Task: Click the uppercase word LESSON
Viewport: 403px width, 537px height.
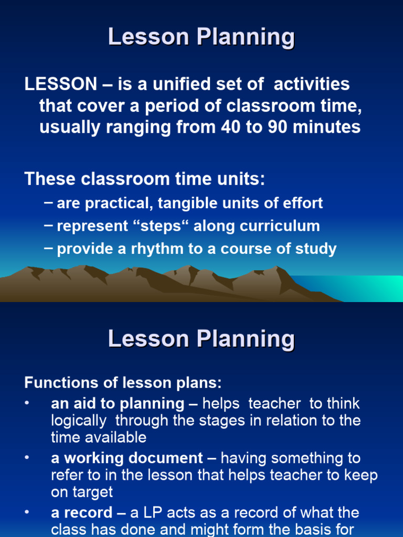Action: click(60, 84)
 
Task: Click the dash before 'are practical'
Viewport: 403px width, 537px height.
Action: click(49, 203)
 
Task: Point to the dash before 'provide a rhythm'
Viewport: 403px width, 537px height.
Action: click(49, 248)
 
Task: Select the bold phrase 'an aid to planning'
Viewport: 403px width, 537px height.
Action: click(118, 404)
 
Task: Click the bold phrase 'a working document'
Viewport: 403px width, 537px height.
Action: click(127, 458)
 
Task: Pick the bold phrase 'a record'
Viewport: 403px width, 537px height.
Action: click(81, 512)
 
